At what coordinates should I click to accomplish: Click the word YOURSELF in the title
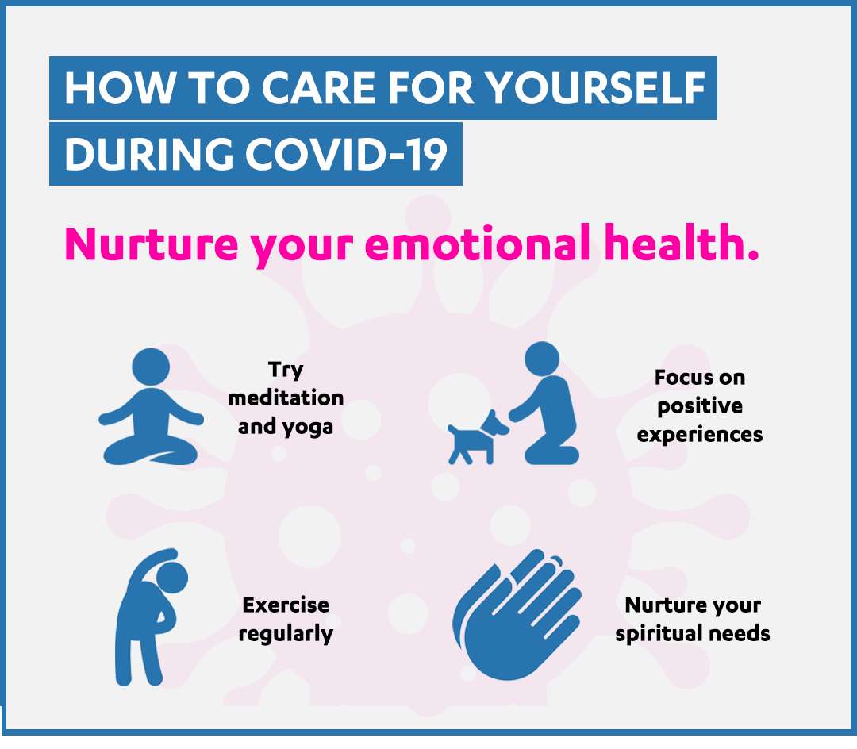tap(596, 87)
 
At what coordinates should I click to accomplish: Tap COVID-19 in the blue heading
tap(347, 153)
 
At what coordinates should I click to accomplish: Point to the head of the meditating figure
tap(151, 366)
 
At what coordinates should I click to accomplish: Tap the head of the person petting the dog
tap(542, 359)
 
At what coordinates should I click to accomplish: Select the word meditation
tap(286, 398)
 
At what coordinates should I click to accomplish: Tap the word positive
tap(700, 406)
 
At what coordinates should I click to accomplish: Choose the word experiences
tap(700, 436)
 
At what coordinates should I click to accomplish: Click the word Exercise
tap(286, 605)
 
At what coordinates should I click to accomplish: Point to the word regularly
tap(286, 634)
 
